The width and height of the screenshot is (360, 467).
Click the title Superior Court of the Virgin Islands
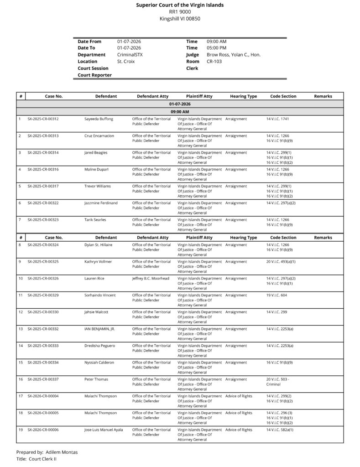(x=180, y=5)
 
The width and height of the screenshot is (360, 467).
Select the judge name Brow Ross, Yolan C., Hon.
(x=233, y=55)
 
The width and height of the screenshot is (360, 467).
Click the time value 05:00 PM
(x=216, y=48)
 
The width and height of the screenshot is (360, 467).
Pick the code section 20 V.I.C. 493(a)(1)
(x=281, y=262)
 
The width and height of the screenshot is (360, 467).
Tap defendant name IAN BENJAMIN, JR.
(x=99, y=329)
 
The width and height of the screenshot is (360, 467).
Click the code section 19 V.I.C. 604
(x=277, y=296)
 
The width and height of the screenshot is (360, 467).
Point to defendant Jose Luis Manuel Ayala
(x=104, y=430)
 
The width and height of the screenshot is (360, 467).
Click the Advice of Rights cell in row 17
(x=239, y=396)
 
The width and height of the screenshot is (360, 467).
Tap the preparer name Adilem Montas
(x=62, y=452)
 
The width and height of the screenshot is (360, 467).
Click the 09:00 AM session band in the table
(x=180, y=112)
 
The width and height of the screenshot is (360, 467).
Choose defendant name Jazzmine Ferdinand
(x=101, y=203)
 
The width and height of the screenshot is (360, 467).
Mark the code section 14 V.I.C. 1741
(x=277, y=119)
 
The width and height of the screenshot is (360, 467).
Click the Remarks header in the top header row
(x=323, y=97)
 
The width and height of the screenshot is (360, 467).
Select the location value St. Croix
(x=126, y=62)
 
